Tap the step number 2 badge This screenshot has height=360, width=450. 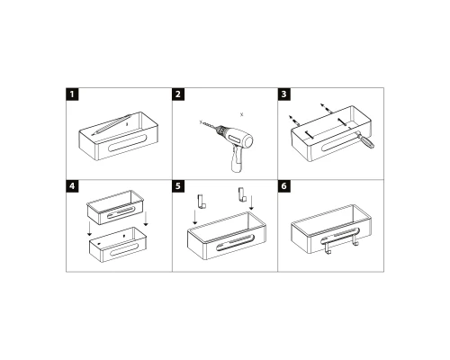tap(179, 94)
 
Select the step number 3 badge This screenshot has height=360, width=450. tap(285, 94)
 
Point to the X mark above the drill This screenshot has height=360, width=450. tap(242, 113)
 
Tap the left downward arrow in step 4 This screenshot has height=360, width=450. tap(89, 232)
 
